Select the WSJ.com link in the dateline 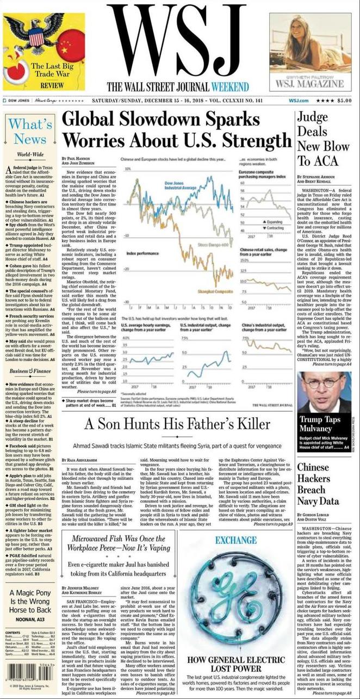(299, 101)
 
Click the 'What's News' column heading (30, 131)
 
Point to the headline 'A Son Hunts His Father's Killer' (177, 424)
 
